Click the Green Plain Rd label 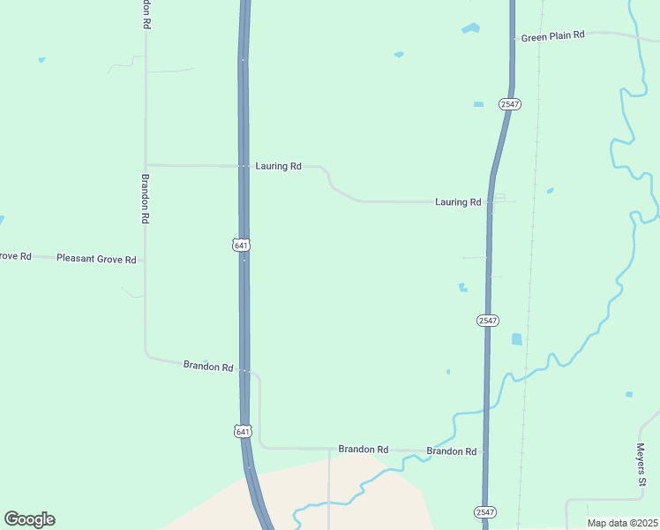552,36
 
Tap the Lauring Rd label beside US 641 278,166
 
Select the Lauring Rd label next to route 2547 458,202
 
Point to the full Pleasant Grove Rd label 96,259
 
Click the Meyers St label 642,465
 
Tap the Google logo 29,519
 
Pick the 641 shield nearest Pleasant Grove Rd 242,245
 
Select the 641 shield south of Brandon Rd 243,431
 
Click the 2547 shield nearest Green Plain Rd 509,104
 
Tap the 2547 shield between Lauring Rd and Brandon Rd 487,320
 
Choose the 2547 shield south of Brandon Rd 484,512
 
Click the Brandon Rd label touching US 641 208,366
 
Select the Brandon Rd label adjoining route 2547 451,451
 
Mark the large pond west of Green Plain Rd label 470,28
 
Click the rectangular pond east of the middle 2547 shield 516,338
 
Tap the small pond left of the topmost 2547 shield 478,104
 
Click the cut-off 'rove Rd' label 15,256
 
